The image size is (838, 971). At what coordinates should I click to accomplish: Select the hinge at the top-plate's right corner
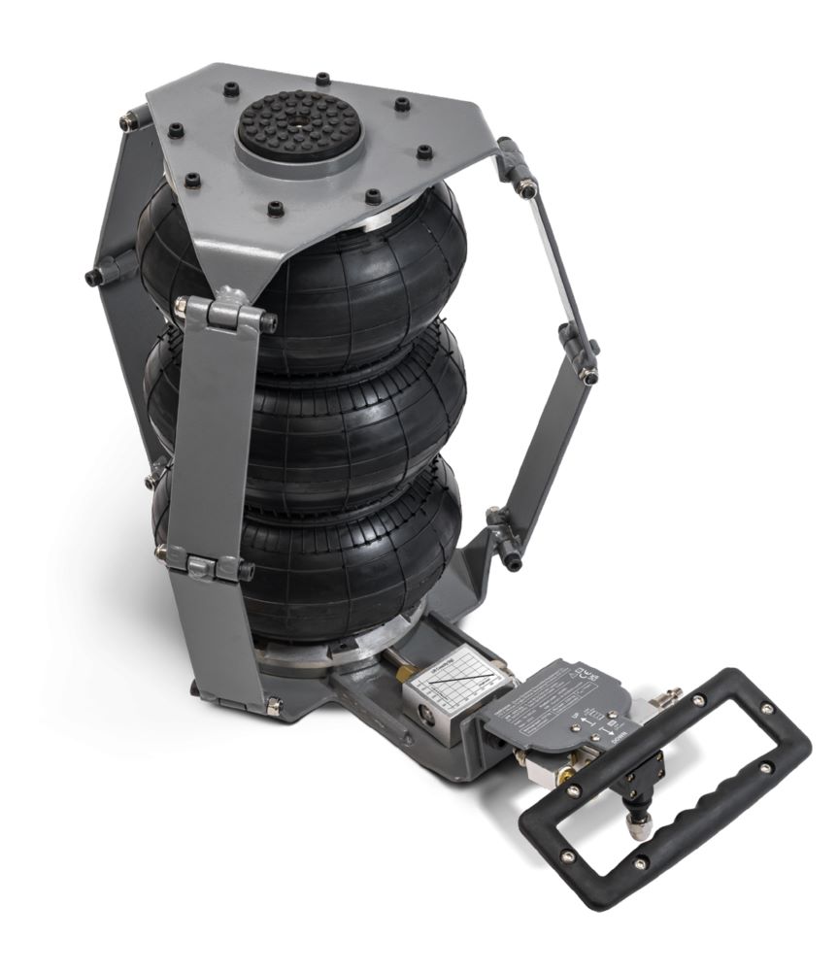point(515,165)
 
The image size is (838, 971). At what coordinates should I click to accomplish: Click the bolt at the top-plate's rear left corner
point(128,120)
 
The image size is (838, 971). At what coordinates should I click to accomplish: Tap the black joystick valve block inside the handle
point(637,787)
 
